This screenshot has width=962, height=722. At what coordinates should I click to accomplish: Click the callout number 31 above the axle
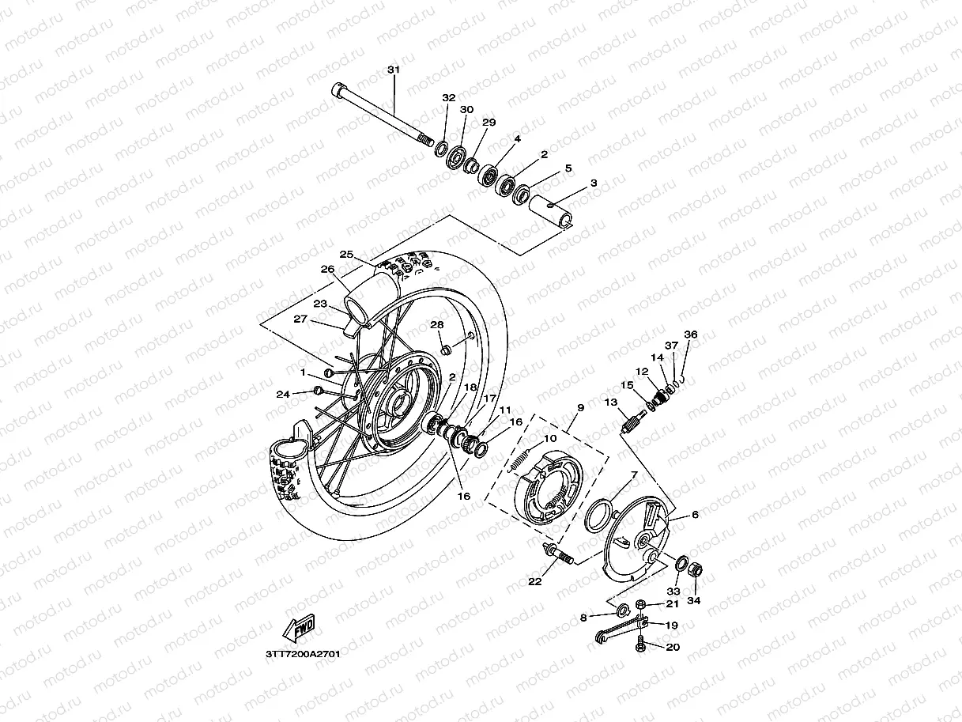click(394, 70)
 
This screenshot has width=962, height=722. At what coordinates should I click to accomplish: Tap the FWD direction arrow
click(299, 629)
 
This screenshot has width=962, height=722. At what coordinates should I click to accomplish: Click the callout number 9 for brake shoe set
click(579, 408)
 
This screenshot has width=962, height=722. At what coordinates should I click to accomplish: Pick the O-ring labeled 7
click(600, 519)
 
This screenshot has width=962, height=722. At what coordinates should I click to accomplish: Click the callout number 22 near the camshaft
click(535, 582)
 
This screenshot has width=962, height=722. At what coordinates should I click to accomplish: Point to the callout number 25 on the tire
click(345, 255)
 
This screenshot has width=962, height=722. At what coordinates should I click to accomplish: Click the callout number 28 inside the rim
click(436, 325)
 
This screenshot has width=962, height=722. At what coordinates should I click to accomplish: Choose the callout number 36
click(690, 335)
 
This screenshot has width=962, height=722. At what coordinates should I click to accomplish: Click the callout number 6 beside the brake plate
click(695, 515)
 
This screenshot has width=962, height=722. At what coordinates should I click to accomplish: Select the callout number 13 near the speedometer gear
click(611, 403)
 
